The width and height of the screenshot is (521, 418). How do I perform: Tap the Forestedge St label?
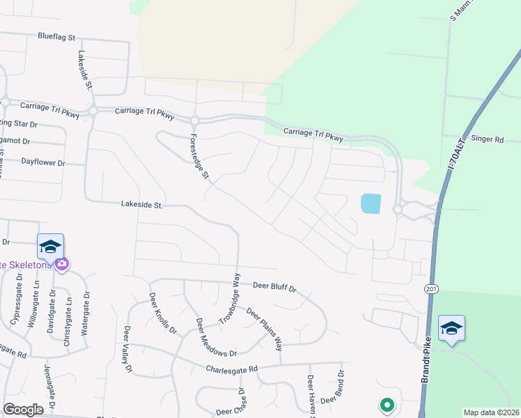point(200,155)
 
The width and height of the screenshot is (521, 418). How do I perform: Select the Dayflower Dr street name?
point(42,162)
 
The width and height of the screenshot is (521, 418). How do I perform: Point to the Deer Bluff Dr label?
point(274,286)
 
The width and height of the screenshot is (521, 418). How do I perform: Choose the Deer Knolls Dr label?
point(163,313)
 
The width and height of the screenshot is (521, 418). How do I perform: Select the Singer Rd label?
point(487,139)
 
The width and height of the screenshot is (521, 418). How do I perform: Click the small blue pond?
point(371,203)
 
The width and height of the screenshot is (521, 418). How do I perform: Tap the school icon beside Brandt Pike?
point(451,327)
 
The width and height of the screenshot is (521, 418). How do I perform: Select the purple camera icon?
point(62,263)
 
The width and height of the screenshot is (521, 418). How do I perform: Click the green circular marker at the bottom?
point(386,404)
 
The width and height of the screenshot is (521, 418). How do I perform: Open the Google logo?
point(23,410)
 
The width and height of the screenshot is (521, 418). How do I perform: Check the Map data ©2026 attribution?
point(491,412)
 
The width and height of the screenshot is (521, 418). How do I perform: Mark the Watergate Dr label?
point(87,314)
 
